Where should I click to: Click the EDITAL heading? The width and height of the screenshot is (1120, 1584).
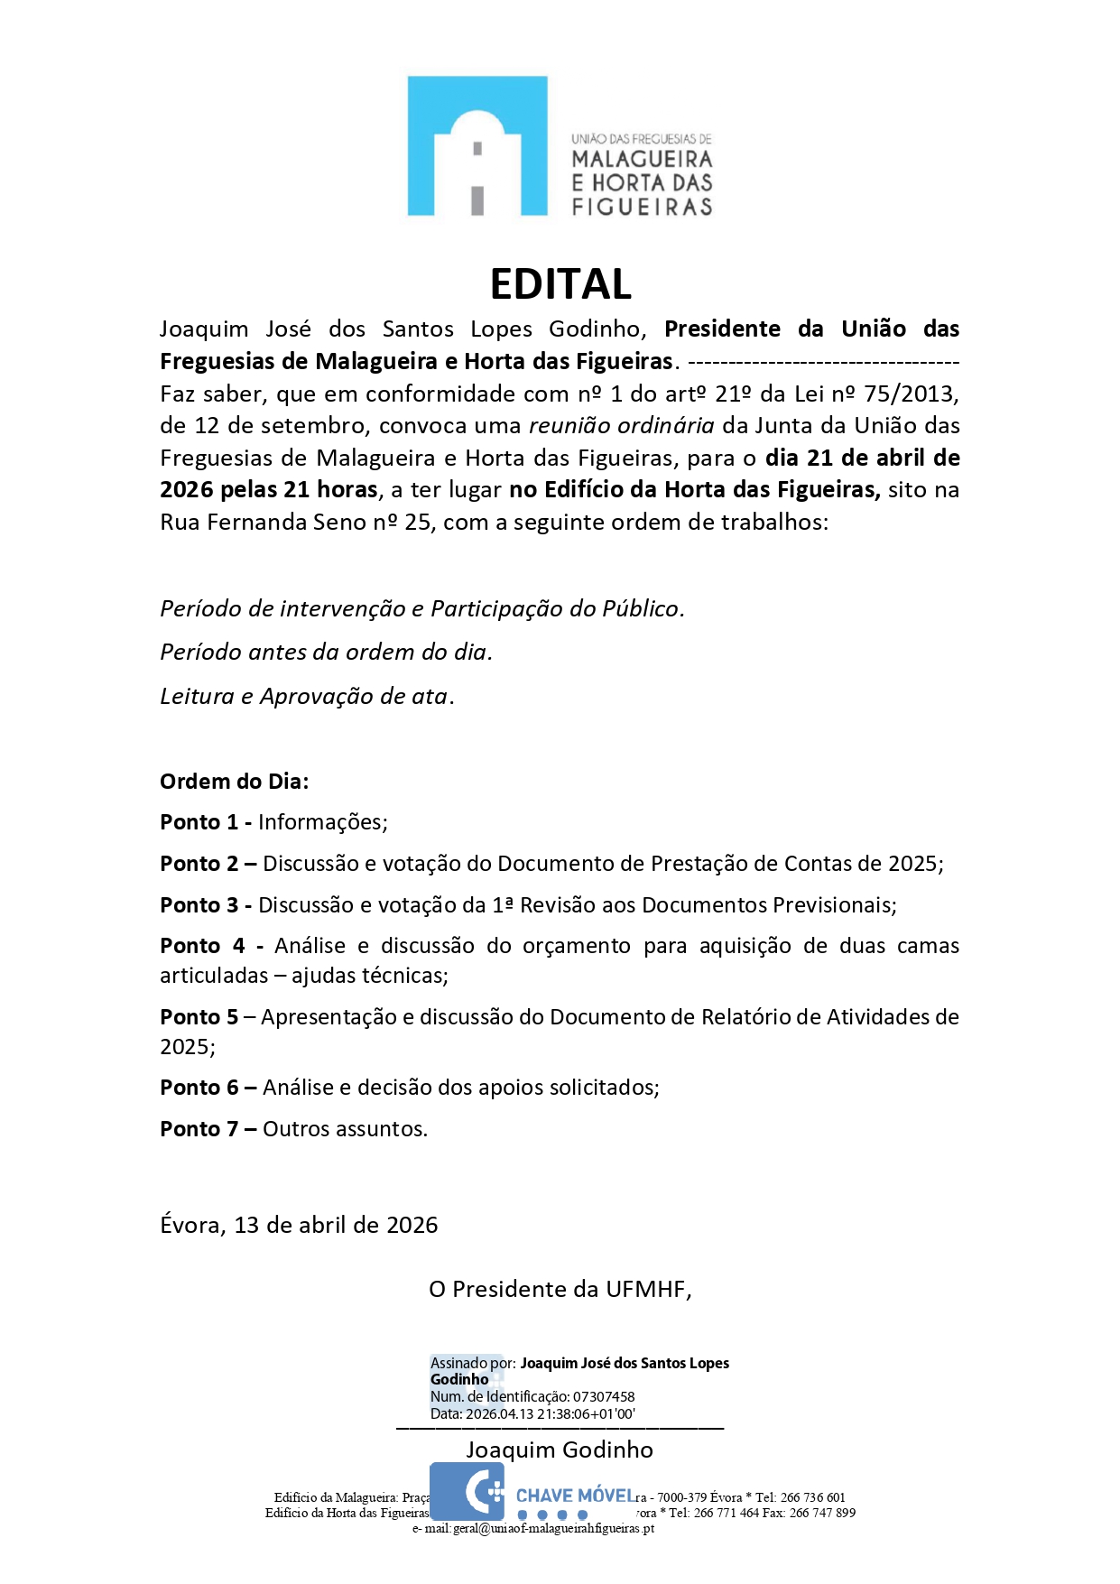point(560,284)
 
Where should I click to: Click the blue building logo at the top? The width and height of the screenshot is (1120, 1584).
point(477,145)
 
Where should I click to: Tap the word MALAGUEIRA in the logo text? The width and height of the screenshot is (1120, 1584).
point(642,160)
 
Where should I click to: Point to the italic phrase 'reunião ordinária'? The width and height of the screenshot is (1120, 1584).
point(622,426)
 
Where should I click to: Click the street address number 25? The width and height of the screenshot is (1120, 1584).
point(418,523)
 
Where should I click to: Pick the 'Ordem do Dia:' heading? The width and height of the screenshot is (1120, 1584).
point(234,782)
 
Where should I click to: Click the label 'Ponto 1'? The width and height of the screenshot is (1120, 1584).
point(199,822)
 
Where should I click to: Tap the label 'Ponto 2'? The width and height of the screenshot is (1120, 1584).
point(199,864)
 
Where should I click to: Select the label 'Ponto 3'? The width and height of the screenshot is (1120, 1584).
point(199,905)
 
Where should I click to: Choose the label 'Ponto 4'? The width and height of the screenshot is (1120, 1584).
point(202,946)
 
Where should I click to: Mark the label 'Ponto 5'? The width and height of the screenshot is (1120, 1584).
point(199,1017)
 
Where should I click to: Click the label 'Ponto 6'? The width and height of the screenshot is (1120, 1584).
point(199,1088)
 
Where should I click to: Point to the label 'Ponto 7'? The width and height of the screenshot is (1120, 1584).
point(199,1129)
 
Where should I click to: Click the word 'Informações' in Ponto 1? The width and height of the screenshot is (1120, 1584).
point(322,822)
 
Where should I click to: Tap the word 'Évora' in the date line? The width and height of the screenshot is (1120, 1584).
point(191,1225)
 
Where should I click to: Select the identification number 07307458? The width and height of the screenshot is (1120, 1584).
point(604,1396)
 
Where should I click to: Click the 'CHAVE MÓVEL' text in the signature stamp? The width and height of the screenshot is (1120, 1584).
point(575,1496)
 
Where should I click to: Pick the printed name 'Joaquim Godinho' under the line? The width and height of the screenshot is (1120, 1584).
point(560,1450)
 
